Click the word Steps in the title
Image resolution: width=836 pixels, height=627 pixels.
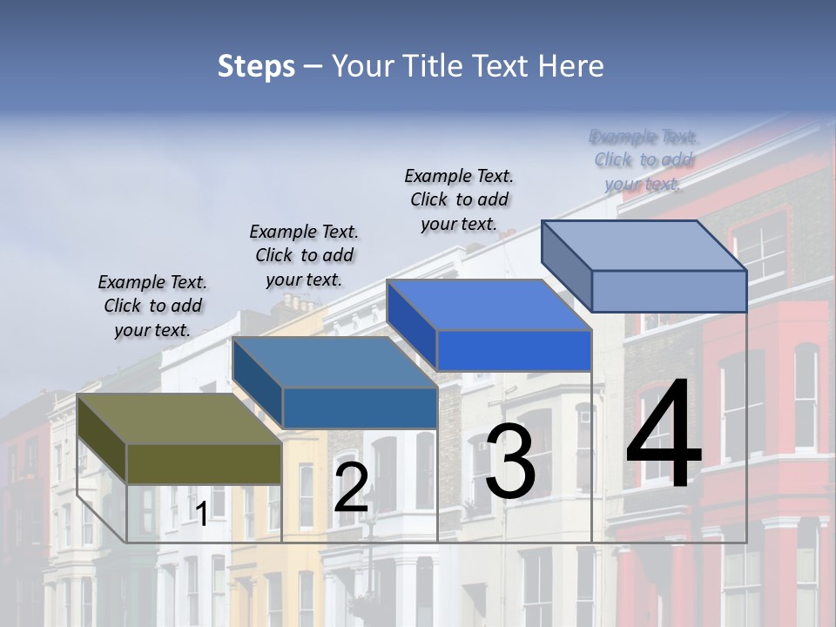255,66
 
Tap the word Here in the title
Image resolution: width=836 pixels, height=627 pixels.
571,66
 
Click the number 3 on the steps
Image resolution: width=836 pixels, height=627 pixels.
510,462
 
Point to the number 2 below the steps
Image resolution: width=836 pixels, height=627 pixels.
351,488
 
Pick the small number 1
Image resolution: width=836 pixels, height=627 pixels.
202,515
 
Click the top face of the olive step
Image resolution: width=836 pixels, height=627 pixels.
179,419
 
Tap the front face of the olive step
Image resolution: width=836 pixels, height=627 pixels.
204,463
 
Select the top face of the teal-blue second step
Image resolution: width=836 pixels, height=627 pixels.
335,362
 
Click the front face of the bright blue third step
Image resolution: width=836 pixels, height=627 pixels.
514,350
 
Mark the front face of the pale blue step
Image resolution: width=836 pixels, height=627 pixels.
669,291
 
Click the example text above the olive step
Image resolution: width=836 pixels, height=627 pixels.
152,306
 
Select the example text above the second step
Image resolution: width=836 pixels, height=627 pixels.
304,255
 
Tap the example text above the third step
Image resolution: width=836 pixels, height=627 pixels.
459,199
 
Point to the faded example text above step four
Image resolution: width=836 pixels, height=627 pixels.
644,159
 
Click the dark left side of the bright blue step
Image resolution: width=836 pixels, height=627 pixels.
411,326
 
